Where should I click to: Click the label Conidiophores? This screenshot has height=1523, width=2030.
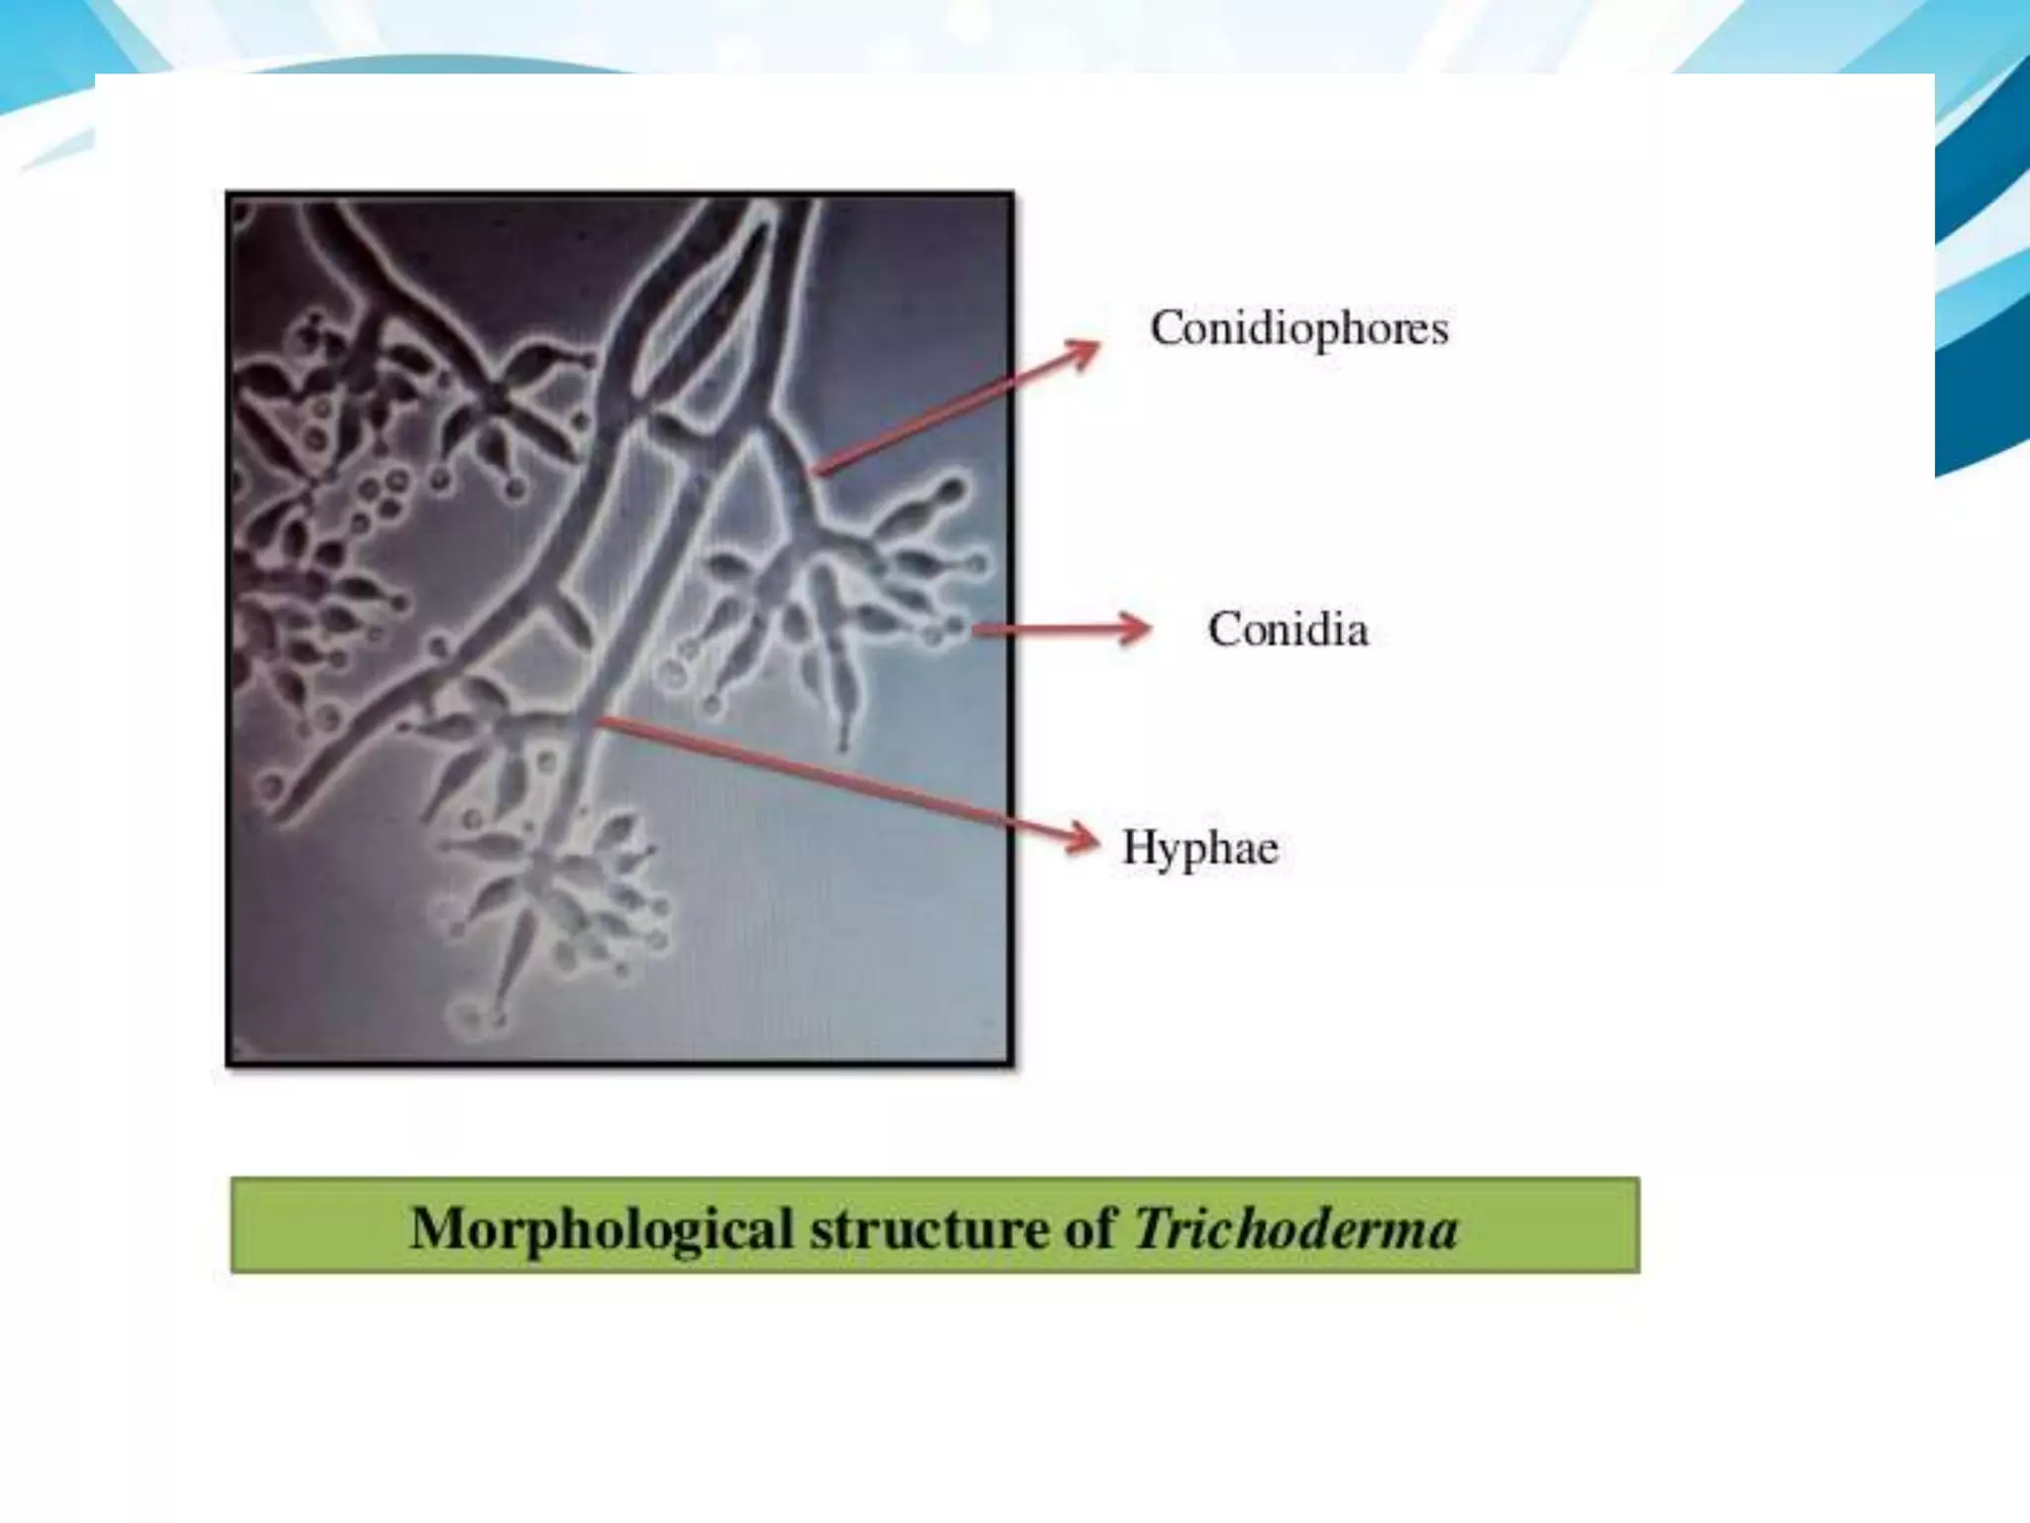(1298, 328)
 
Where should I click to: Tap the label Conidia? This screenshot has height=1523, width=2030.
(1288, 630)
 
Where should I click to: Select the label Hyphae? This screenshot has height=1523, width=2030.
(1199, 848)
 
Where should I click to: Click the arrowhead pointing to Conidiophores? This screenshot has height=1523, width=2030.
(1084, 349)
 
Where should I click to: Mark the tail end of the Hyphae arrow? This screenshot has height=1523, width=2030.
(601, 719)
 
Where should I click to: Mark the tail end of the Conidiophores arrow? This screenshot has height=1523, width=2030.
(815, 473)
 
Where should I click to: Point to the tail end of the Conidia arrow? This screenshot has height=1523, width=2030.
(977, 629)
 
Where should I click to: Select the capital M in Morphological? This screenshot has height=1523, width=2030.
(436, 1229)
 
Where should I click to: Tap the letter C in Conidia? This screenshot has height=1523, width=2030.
(1224, 630)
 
